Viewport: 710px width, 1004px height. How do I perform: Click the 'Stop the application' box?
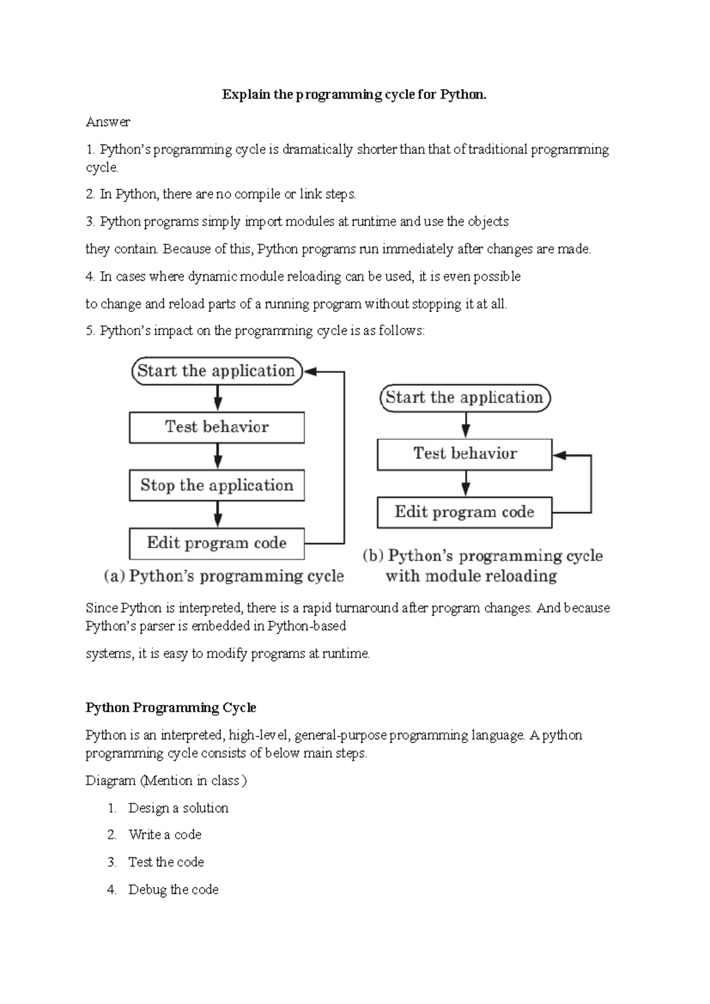[x=217, y=485]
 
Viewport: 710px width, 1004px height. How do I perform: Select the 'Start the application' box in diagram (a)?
[x=217, y=371]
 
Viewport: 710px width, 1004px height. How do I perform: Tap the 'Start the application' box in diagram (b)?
[x=464, y=397]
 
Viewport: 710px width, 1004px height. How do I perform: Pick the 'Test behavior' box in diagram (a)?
[x=217, y=427]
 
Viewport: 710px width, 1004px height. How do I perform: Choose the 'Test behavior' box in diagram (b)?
[x=464, y=454]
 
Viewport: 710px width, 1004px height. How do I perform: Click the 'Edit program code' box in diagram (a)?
[x=217, y=543]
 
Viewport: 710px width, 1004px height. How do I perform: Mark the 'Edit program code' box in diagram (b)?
[x=464, y=512]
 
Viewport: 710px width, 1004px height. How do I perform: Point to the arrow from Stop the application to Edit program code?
[x=218, y=514]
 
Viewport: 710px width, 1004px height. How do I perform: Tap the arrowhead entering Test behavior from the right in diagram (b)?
[x=559, y=455]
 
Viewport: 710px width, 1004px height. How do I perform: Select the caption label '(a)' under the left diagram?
[x=114, y=576]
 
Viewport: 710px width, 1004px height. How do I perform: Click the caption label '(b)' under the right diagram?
[x=373, y=556]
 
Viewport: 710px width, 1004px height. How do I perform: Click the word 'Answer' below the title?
[x=108, y=122]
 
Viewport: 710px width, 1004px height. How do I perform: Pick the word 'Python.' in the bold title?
[x=463, y=95]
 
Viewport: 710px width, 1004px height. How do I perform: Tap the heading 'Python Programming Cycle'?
[x=171, y=707]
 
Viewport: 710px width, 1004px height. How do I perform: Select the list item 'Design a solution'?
[x=178, y=808]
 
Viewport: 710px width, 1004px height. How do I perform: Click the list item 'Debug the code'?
[x=173, y=890]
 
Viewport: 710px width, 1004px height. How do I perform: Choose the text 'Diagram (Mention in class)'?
[x=166, y=781]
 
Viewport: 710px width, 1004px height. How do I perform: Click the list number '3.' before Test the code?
[x=112, y=863]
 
